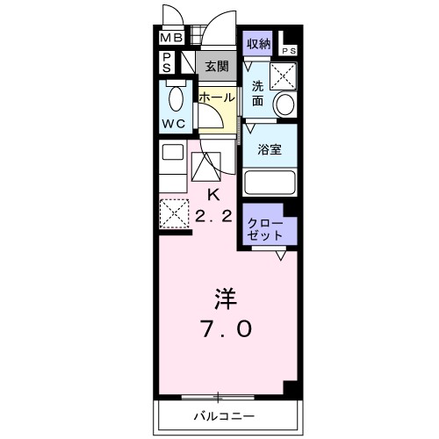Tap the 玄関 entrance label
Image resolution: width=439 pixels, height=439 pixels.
tap(217, 65)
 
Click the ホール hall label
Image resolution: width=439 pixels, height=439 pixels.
tap(217, 97)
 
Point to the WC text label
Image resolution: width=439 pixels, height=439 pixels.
tap(173, 124)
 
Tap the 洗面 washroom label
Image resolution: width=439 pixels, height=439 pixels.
tap(257, 93)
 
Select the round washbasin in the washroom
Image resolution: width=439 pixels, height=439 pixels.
tap(285, 104)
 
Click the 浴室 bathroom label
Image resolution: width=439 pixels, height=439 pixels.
tap(269, 149)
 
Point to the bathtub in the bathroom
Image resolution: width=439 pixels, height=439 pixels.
tap(270, 183)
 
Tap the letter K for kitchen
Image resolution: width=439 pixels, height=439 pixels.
tap(212, 194)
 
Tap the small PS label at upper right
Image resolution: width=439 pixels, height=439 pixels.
tap(291, 51)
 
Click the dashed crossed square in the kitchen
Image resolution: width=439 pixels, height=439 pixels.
tap(173, 212)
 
